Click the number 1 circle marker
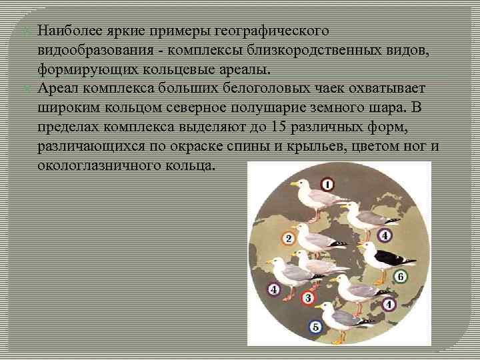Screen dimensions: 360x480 327,184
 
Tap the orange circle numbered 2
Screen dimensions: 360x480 289,238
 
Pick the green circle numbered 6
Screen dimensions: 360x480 401,277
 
